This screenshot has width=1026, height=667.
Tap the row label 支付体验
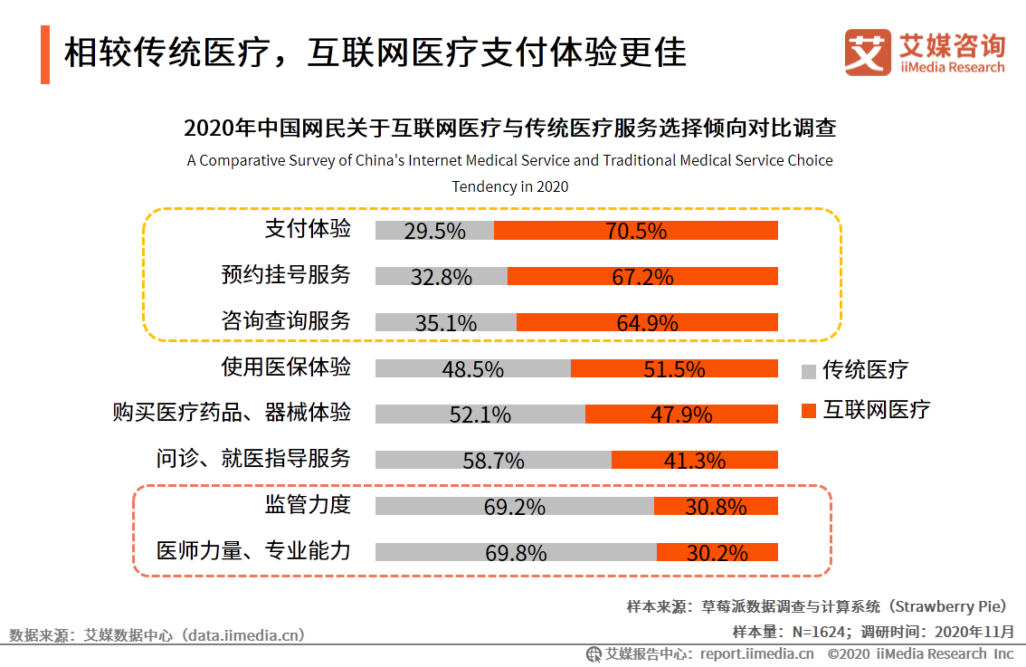308,228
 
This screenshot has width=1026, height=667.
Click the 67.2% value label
642,277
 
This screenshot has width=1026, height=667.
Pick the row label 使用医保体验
286,367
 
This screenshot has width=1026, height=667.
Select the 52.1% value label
480,414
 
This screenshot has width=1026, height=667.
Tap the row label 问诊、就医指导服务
252,458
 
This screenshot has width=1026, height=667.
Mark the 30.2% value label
717,553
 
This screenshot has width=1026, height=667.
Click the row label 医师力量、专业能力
252,550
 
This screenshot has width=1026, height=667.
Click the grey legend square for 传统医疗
809,370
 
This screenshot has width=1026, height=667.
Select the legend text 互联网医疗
876,410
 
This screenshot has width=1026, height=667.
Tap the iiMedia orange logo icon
868,52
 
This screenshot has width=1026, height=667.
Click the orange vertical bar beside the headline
45,54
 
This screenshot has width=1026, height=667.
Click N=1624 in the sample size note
819,631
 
